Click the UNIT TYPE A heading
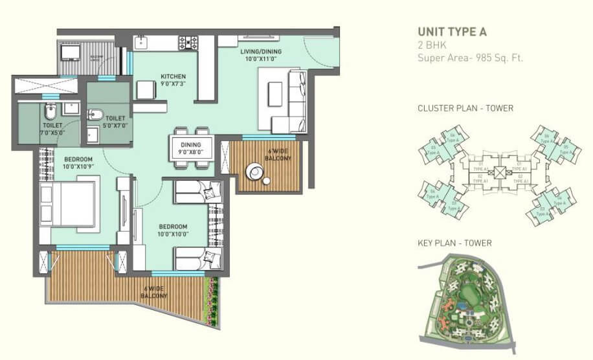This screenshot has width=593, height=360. (452, 32)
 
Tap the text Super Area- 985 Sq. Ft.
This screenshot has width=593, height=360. (470, 58)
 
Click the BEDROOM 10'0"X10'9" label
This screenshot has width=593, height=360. (78, 163)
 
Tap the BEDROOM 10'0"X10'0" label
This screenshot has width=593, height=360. (173, 231)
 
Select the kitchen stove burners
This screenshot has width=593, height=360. (188, 43)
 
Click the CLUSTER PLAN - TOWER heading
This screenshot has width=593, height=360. (465, 108)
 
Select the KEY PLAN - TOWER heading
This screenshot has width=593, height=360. (454, 243)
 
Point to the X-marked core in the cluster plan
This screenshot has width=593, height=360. (499, 172)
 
